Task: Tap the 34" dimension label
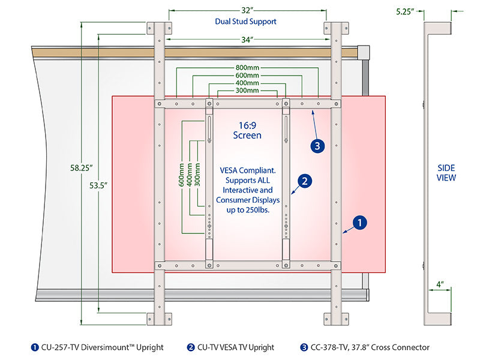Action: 247,39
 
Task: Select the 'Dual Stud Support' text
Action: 246,22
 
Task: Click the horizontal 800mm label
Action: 247,67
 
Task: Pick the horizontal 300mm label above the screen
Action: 247,91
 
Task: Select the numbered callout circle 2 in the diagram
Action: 305,180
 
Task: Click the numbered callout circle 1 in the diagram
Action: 359,223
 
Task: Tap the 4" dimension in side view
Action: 440,284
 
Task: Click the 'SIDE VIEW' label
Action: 446,173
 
